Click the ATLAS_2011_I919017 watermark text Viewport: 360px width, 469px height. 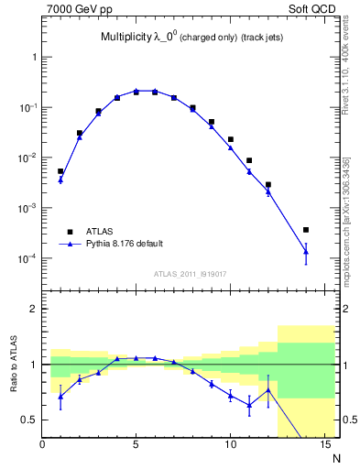[x=189, y=273]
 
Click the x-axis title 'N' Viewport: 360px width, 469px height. [x=336, y=457]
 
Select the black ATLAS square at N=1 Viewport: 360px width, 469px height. [x=60, y=171]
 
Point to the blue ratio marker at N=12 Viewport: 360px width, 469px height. [x=267, y=390]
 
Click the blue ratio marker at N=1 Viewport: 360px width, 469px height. [x=60, y=396]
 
